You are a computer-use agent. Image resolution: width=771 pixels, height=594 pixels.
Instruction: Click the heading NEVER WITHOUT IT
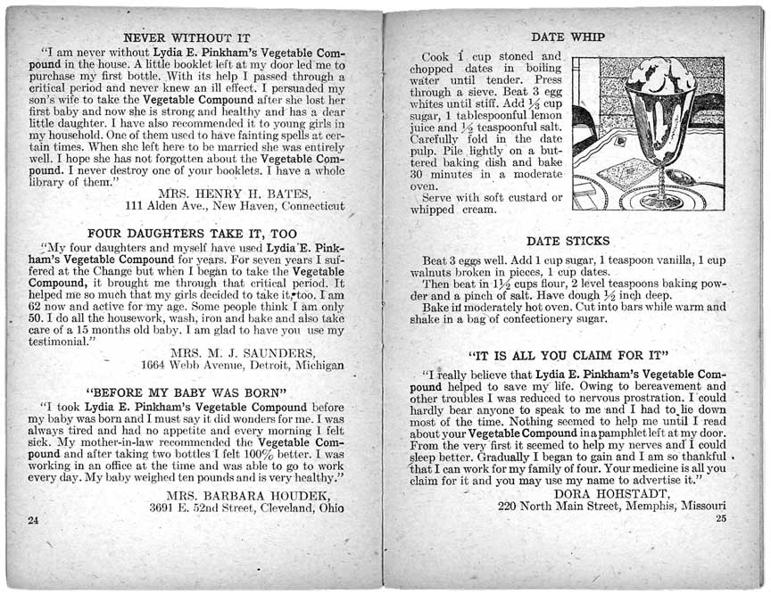point(186,38)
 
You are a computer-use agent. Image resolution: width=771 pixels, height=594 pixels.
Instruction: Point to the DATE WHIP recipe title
point(568,37)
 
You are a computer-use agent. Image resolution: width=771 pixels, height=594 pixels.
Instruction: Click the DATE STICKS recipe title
point(568,241)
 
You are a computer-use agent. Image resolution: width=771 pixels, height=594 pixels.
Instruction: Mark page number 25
point(721,518)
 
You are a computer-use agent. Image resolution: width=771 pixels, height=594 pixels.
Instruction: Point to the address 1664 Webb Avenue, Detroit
point(242,365)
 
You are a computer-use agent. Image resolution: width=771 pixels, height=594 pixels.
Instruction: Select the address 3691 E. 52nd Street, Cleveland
point(246,508)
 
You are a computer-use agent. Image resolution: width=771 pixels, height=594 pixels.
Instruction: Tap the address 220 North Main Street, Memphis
point(611,507)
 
